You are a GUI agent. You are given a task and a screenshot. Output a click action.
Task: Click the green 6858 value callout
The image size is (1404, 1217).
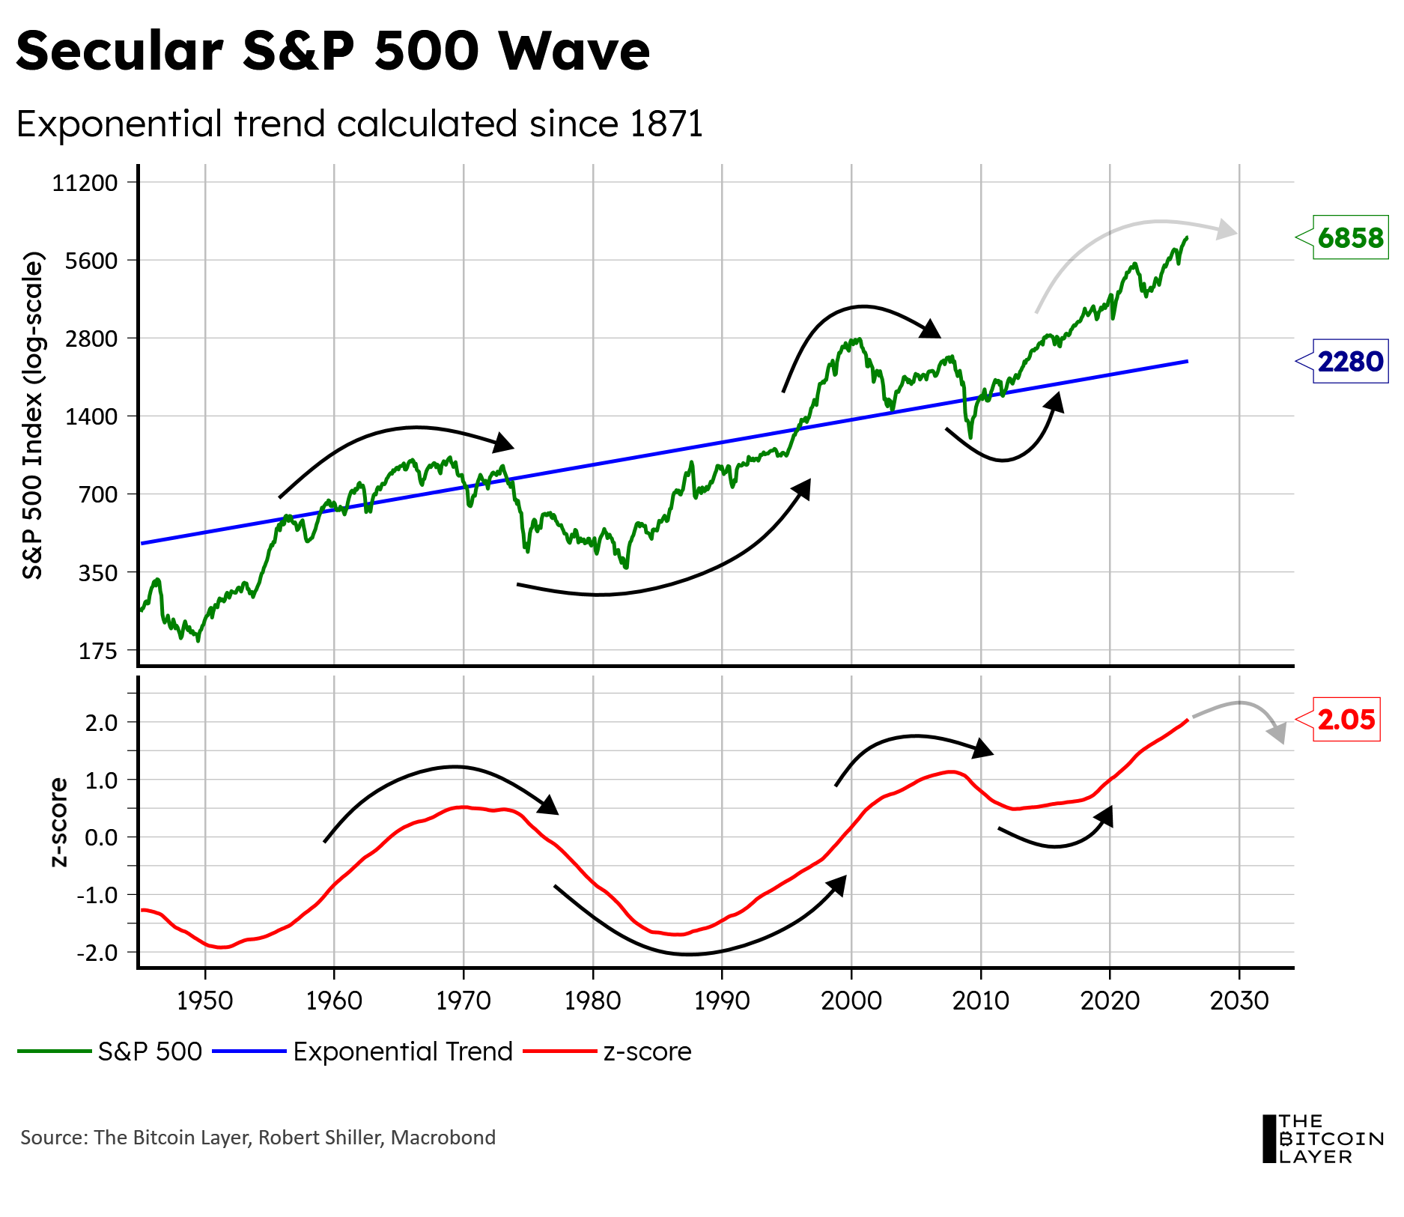pos(1350,238)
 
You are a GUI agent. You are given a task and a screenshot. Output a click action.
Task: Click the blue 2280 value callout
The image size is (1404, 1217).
pos(1350,362)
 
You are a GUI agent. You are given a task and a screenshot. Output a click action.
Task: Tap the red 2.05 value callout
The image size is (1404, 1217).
pos(1346,720)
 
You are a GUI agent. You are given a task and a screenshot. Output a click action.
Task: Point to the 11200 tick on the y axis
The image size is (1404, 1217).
pos(85,183)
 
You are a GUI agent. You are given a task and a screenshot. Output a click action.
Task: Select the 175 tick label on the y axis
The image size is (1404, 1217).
pos(98,651)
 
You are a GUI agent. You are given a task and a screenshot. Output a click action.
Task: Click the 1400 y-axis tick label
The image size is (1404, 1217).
pos(91,416)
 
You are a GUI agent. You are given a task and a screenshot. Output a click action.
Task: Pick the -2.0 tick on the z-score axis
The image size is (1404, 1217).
pos(97,953)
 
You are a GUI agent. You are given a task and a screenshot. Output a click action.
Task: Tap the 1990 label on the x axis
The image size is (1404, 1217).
pos(722,1001)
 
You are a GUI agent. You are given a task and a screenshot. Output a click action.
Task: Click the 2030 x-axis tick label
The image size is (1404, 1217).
pos(1239,1001)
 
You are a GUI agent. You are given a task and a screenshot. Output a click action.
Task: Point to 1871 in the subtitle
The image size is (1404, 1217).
pos(666,124)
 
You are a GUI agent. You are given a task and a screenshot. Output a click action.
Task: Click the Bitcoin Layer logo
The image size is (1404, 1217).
pos(1322,1138)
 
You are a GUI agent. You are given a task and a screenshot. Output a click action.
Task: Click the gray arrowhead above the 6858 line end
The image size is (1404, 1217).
pos(1226,230)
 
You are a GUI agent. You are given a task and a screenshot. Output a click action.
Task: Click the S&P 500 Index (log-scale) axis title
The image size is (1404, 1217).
pos(34,416)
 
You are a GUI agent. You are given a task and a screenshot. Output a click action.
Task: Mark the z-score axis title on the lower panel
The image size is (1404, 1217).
pos(58,822)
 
